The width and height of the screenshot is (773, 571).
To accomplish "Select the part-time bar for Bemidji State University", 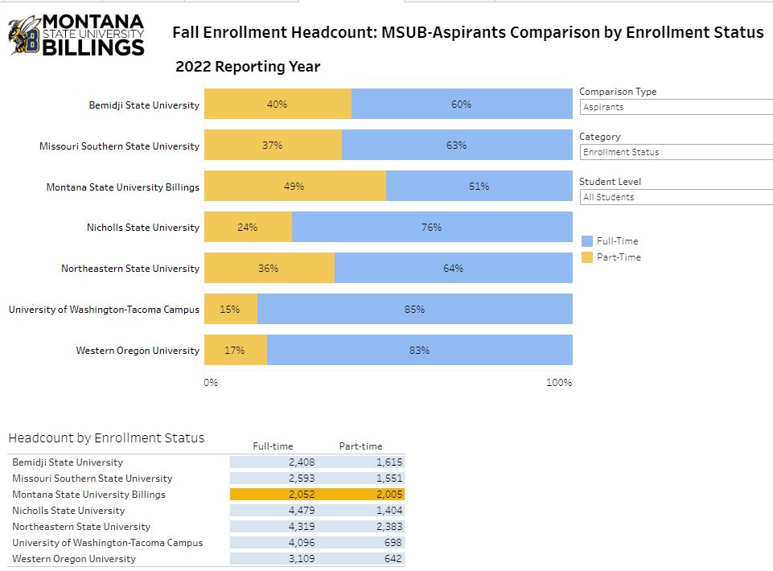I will click(x=278, y=105).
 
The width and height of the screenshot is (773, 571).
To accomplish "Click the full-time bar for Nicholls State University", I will click(x=432, y=228).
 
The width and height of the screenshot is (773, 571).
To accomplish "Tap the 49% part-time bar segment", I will click(x=294, y=187).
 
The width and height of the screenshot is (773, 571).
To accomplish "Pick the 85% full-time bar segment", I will click(x=414, y=310).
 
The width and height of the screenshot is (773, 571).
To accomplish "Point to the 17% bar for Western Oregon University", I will click(x=235, y=351).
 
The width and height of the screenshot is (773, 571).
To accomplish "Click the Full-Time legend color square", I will click(x=586, y=241).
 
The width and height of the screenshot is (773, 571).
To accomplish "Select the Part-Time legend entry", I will click(x=619, y=257).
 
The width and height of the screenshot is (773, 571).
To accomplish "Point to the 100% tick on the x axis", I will click(x=559, y=383).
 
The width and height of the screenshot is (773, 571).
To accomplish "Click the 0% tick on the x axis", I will click(x=211, y=383).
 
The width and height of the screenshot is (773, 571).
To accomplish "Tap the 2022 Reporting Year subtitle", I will click(x=248, y=67).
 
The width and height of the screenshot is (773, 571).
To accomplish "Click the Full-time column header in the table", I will click(x=273, y=446).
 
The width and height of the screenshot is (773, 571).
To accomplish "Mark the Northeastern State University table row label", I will click(x=81, y=527).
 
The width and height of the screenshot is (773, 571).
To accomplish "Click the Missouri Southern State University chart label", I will click(x=119, y=146).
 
